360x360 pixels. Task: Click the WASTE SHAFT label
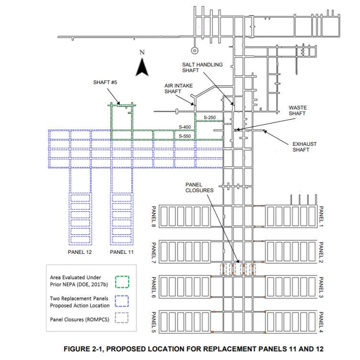pyautogui.click(x=297, y=110)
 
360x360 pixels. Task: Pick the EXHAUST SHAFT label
pyautogui.click(x=305, y=147)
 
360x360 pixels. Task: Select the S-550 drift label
pyautogui.click(x=185, y=136)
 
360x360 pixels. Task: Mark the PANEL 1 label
pyautogui.click(x=321, y=216)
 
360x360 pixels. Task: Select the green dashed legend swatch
pyautogui.click(x=121, y=282)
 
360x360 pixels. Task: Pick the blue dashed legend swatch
pyautogui.click(x=121, y=300)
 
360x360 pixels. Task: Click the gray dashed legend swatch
pyautogui.click(x=121, y=318)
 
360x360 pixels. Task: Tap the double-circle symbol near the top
pyautogui.click(x=194, y=50)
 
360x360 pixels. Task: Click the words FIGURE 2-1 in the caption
pyautogui.click(x=84, y=349)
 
